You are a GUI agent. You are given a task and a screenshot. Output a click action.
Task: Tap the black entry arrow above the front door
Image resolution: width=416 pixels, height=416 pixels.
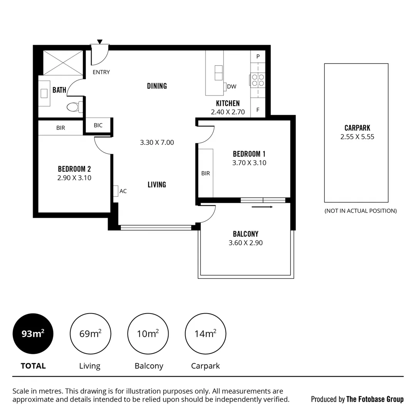tap(100, 42)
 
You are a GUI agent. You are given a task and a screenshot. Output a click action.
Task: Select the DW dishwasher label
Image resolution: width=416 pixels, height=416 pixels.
tap(232, 87)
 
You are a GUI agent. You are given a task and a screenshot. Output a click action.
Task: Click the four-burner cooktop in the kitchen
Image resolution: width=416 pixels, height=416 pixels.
tap(258, 80)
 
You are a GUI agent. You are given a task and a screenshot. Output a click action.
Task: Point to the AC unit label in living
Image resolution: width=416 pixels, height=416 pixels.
tap(123, 191)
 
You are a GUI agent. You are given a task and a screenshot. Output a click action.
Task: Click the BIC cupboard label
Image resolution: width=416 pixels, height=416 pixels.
tap(98, 125)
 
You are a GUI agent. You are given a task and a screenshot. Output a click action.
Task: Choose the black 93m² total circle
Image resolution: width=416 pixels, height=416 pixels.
tap(33, 334)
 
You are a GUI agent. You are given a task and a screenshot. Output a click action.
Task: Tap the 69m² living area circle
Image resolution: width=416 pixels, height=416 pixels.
tap(90, 334)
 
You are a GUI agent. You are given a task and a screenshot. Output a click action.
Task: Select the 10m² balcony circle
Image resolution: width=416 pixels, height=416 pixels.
tap(148, 334)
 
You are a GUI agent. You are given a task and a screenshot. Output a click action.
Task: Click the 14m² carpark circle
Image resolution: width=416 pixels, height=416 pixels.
tap(205, 334)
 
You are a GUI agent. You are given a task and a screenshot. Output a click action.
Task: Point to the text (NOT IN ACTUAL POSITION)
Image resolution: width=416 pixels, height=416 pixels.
tap(361, 211)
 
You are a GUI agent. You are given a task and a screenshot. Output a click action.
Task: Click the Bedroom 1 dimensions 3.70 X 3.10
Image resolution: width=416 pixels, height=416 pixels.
tap(249, 163)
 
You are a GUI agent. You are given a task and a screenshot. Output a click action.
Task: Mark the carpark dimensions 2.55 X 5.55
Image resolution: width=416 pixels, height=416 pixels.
tap(357, 137)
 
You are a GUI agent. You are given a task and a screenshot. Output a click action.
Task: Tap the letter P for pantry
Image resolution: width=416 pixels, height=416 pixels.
tap(258, 57)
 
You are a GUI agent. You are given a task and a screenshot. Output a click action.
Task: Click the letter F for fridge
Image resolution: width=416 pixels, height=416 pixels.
tap(258, 110)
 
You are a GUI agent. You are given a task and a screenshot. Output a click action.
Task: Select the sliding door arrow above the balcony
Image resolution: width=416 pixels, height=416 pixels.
tap(262, 207)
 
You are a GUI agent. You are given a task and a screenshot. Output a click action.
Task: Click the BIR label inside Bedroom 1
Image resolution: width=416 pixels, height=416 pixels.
tap(205, 173)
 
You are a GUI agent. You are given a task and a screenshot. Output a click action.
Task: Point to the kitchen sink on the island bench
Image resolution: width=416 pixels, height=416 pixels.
tap(219, 73)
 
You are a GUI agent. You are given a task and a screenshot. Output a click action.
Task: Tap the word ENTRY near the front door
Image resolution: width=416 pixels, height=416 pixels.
tap(101, 72)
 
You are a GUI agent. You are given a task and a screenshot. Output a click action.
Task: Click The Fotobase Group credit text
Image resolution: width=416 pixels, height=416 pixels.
tap(375, 399)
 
